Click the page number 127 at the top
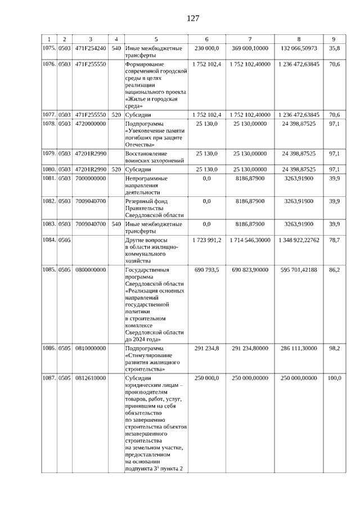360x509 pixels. (193, 18)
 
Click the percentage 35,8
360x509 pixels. (334, 49)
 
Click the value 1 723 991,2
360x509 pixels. (206, 240)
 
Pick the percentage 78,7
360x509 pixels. (334, 240)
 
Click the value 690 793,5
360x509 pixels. (206, 270)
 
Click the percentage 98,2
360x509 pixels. (334, 348)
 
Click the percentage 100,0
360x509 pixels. (334, 379)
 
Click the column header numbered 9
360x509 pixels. (334, 39)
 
